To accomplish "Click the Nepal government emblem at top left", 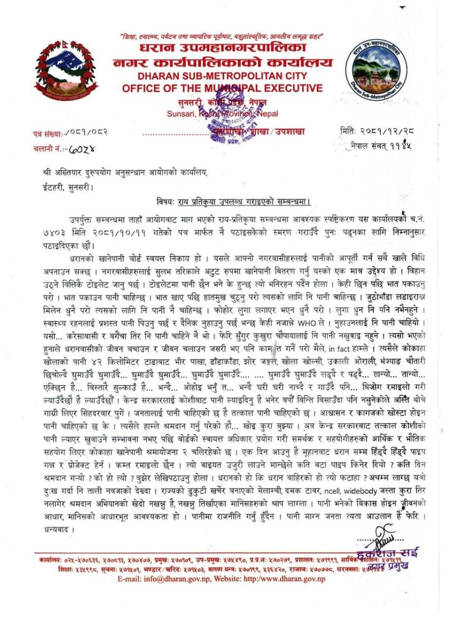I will click(x=66, y=71).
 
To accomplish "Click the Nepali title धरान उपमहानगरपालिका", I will click(x=222, y=49).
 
